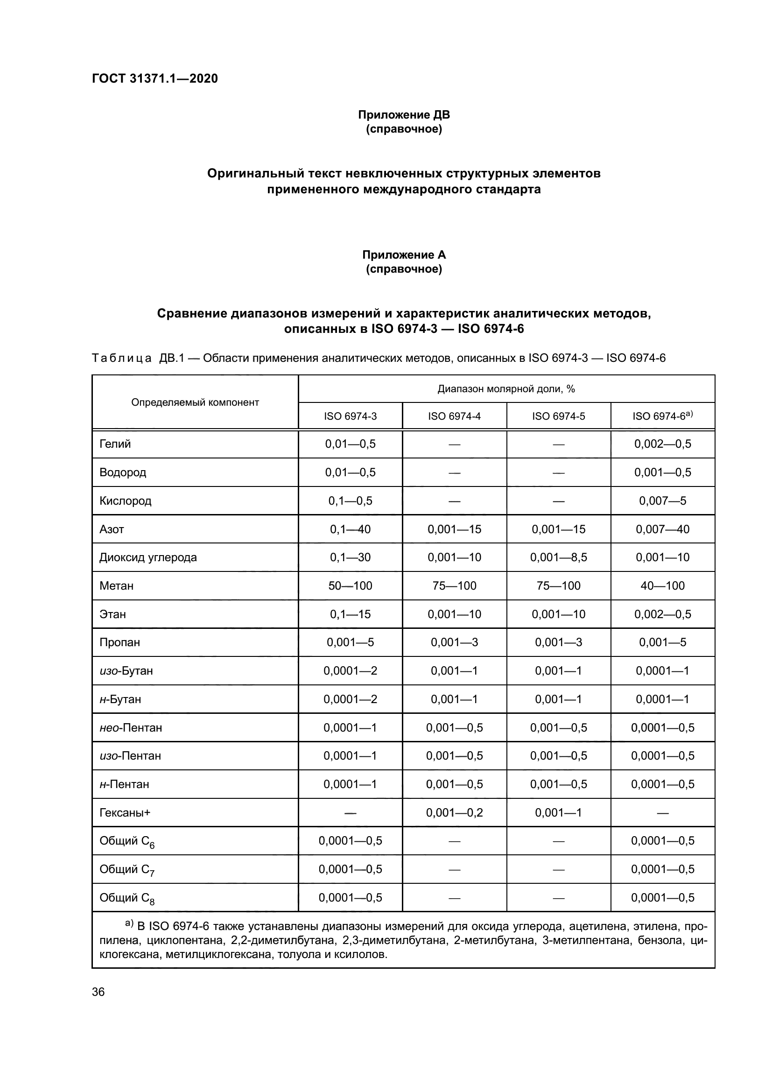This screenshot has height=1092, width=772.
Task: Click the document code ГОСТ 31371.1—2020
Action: tap(154, 78)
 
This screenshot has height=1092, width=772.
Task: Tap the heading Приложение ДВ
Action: tap(404, 115)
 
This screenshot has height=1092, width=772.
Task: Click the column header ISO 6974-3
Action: tap(351, 416)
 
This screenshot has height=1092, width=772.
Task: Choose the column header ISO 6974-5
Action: tap(559, 416)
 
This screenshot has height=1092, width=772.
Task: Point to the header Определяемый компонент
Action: tap(195, 402)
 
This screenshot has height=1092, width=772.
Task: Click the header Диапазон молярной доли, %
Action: tap(506, 389)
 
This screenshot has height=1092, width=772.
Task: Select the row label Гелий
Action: tap(115, 444)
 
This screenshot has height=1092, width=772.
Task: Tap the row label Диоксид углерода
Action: tap(148, 557)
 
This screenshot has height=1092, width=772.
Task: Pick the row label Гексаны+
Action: tap(125, 812)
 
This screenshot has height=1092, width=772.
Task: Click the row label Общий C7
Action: tap(126, 869)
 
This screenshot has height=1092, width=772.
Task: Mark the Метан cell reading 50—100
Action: tap(351, 585)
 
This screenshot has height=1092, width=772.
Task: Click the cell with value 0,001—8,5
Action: tap(559, 557)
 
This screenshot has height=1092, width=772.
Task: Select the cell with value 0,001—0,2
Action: tap(455, 812)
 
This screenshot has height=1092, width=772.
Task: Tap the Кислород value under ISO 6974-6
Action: tap(663, 500)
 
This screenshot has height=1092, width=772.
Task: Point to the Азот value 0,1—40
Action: tap(351, 529)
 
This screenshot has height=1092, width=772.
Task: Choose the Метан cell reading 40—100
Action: tap(663, 585)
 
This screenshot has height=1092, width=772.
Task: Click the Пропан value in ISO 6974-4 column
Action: tap(455, 642)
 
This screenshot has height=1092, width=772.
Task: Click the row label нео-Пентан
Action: tap(131, 727)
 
